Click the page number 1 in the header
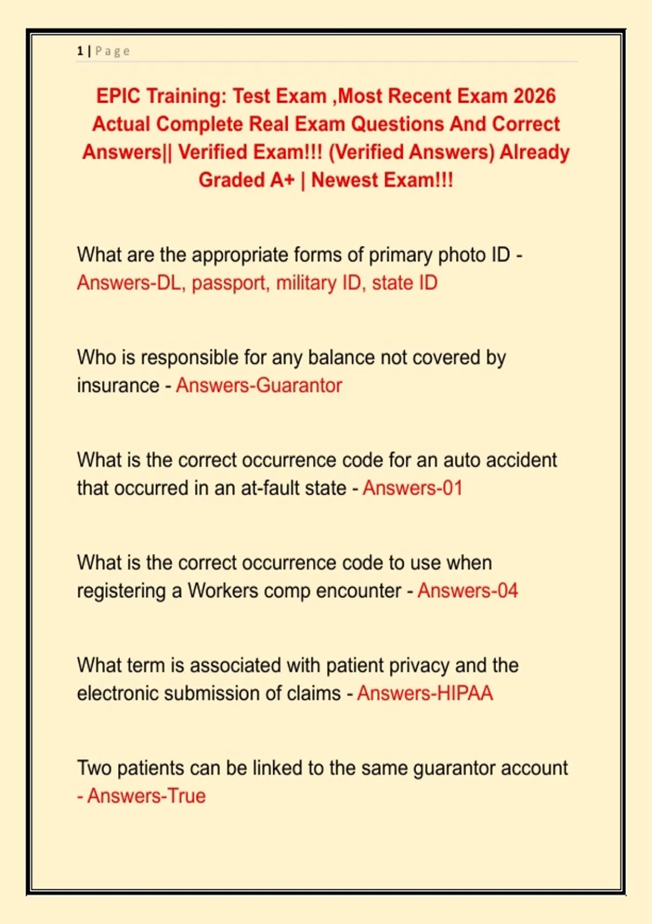tap(80, 51)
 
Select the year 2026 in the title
tap(534, 96)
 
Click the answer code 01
tap(453, 488)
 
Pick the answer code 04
tap(507, 591)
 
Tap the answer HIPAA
tap(465, 694)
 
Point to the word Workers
tap(223, 591)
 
